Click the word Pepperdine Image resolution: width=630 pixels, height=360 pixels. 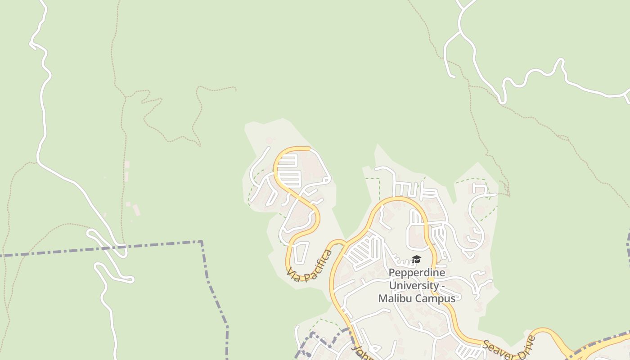click(417, 273)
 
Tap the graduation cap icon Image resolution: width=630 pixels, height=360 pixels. click(416, 260)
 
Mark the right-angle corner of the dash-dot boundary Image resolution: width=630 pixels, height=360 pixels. click(201, 242)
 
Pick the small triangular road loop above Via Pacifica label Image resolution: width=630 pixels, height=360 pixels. click(301, 252)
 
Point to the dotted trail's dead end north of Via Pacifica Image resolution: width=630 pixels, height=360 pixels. click(235, 88)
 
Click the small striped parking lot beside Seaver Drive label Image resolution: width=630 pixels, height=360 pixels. click(468, 350)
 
